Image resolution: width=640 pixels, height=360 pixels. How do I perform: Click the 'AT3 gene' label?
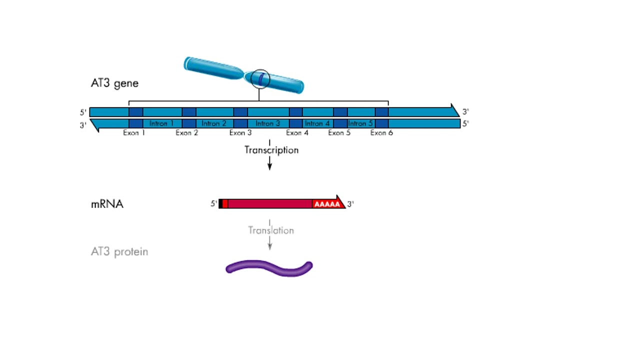pyautogui.click(x=114, y=83)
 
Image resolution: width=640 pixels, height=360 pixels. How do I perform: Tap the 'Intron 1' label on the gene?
pyautogui.click(x=162, y=123)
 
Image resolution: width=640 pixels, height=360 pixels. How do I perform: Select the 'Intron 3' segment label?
pyautogui.click(x=268, y=123)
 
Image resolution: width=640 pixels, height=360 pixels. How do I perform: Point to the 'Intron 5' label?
pyautogui.click(x=360, y=123)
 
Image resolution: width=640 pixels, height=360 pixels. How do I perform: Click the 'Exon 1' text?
pyautogui.click(x=134, y=133)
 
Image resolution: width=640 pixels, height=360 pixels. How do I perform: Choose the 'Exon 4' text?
pyautogui.click(x=297, y=133)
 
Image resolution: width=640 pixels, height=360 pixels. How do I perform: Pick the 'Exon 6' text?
pyautogui.click(x=381, y=133)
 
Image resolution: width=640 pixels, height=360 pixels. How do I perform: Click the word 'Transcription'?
pyautogui.click(x=271, y=150)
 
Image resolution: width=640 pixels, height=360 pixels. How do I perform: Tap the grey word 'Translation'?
pyautogui.click(x=271, y=230)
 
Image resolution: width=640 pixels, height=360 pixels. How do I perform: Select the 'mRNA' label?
pyautogui.click(x=107, y=204)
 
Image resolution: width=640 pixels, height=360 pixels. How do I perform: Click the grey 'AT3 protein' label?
pyautogui.click(x=119, y=251)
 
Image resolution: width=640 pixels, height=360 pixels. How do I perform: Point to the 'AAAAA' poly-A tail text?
pyautogui.click(x=327, y=204)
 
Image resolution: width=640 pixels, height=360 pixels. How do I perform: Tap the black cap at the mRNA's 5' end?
pyautogui.click(x=220, y=203)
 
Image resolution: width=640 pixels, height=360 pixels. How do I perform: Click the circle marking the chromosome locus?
pyautogui.click(x=260, y=79)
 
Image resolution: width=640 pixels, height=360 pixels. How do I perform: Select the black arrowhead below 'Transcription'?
pyautogui.click(x=269, y=166)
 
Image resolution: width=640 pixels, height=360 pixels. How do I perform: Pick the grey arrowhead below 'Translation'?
pyautogui.click(x=269, y=246)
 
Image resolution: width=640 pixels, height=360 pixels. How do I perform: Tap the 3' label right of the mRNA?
pyautogui.click(x=350, y=204)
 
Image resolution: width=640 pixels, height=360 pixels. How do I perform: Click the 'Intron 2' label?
pyautogui.click(x=214, y=123)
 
